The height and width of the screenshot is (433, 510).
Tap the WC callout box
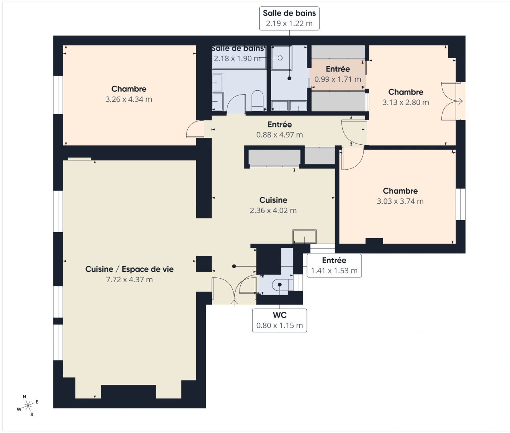[280, 320]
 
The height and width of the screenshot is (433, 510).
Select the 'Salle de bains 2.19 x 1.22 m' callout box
[289, 18]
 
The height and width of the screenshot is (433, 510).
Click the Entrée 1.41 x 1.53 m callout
[334, 265]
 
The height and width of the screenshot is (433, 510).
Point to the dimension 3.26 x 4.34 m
[129, 99]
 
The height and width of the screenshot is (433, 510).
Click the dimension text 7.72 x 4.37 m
[129, 280]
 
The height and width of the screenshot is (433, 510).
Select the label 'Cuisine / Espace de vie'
[129, 269]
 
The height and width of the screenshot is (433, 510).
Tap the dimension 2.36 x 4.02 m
[273, 210]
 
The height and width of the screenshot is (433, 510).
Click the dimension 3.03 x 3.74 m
[400, 202]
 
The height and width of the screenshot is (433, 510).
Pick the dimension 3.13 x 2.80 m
[406, 103]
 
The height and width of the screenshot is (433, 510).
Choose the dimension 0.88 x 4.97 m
[280, 135]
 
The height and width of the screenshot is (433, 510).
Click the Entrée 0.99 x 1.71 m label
[338, 74]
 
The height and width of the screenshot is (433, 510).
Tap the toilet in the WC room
[278, 285]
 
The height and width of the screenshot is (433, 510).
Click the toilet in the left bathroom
[257, 100]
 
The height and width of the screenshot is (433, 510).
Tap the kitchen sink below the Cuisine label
[305, 237]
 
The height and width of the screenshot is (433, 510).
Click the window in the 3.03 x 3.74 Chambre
[461, 204]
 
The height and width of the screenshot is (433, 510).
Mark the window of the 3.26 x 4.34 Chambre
[59, 95]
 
